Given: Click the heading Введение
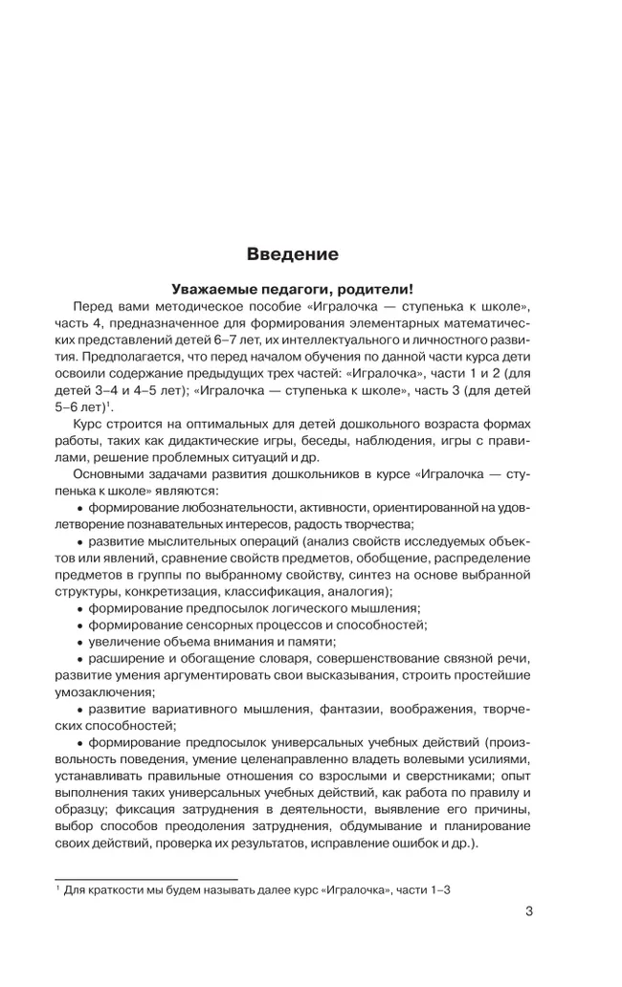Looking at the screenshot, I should tap(292, 254).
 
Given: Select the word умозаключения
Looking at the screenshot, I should tap(105, 693).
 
